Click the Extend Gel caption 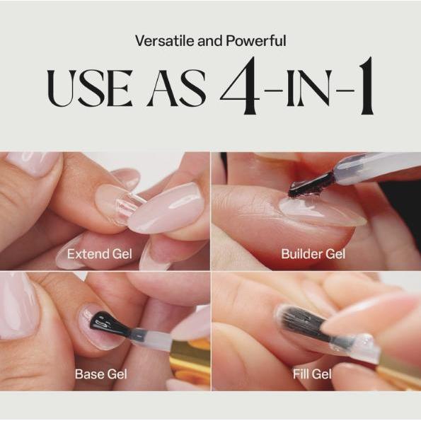click(99, 253)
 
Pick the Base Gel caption click(100, 373)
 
